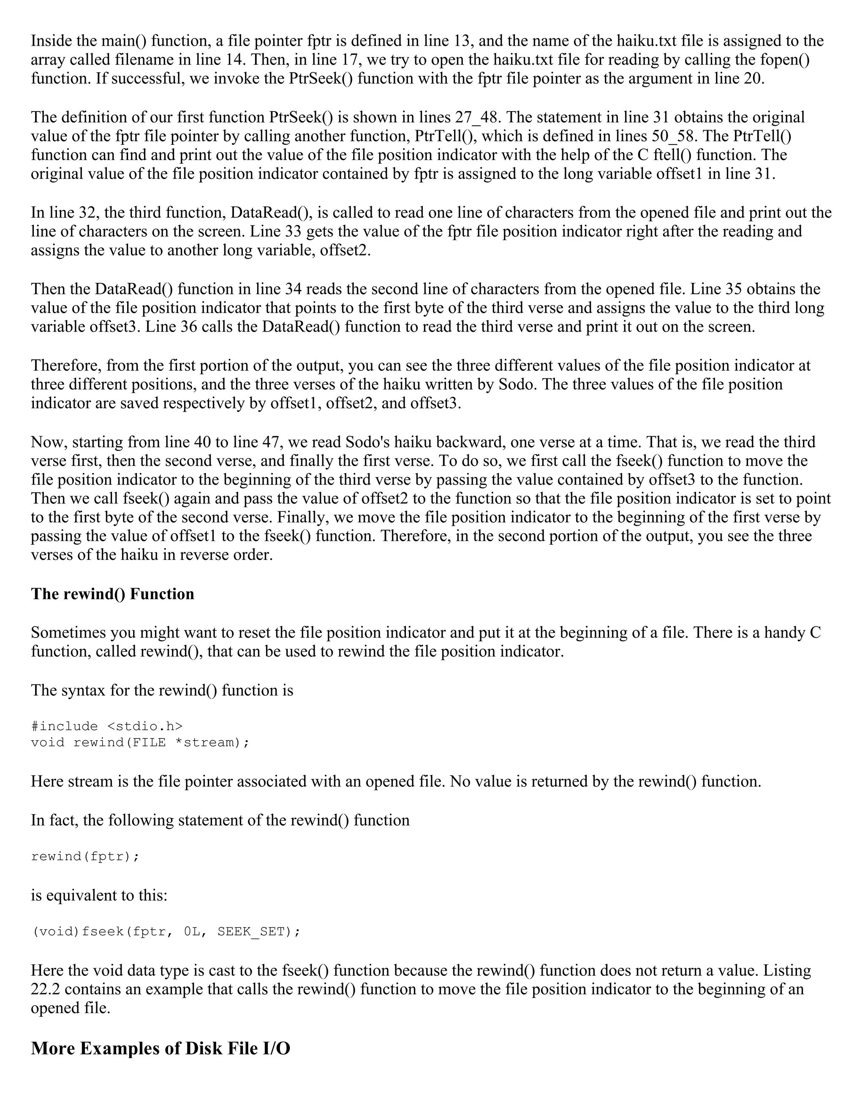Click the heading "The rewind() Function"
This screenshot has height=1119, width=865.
[x=112, y=594]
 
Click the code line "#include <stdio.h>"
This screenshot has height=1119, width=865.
[x=106, y=726]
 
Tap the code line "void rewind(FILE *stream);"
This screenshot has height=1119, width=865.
[x=140, y=742]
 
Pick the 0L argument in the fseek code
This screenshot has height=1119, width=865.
[x=192, y=931]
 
